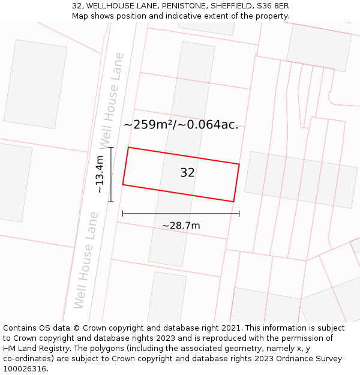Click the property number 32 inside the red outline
[x=187, y=173]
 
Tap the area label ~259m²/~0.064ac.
[x=181, y=125]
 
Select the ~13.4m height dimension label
[x=100, y=174]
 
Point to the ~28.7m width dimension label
[x=181, y=226]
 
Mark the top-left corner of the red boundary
[x=128, y=148]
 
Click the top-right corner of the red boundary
[x=239, y=164]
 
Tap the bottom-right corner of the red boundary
[x=233, y=202]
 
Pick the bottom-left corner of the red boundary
[x=123, y=185]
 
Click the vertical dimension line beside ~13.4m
[x=111, y=174]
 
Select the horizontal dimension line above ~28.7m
[x=181, y=213]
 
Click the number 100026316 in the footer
[x=25, y=368]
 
